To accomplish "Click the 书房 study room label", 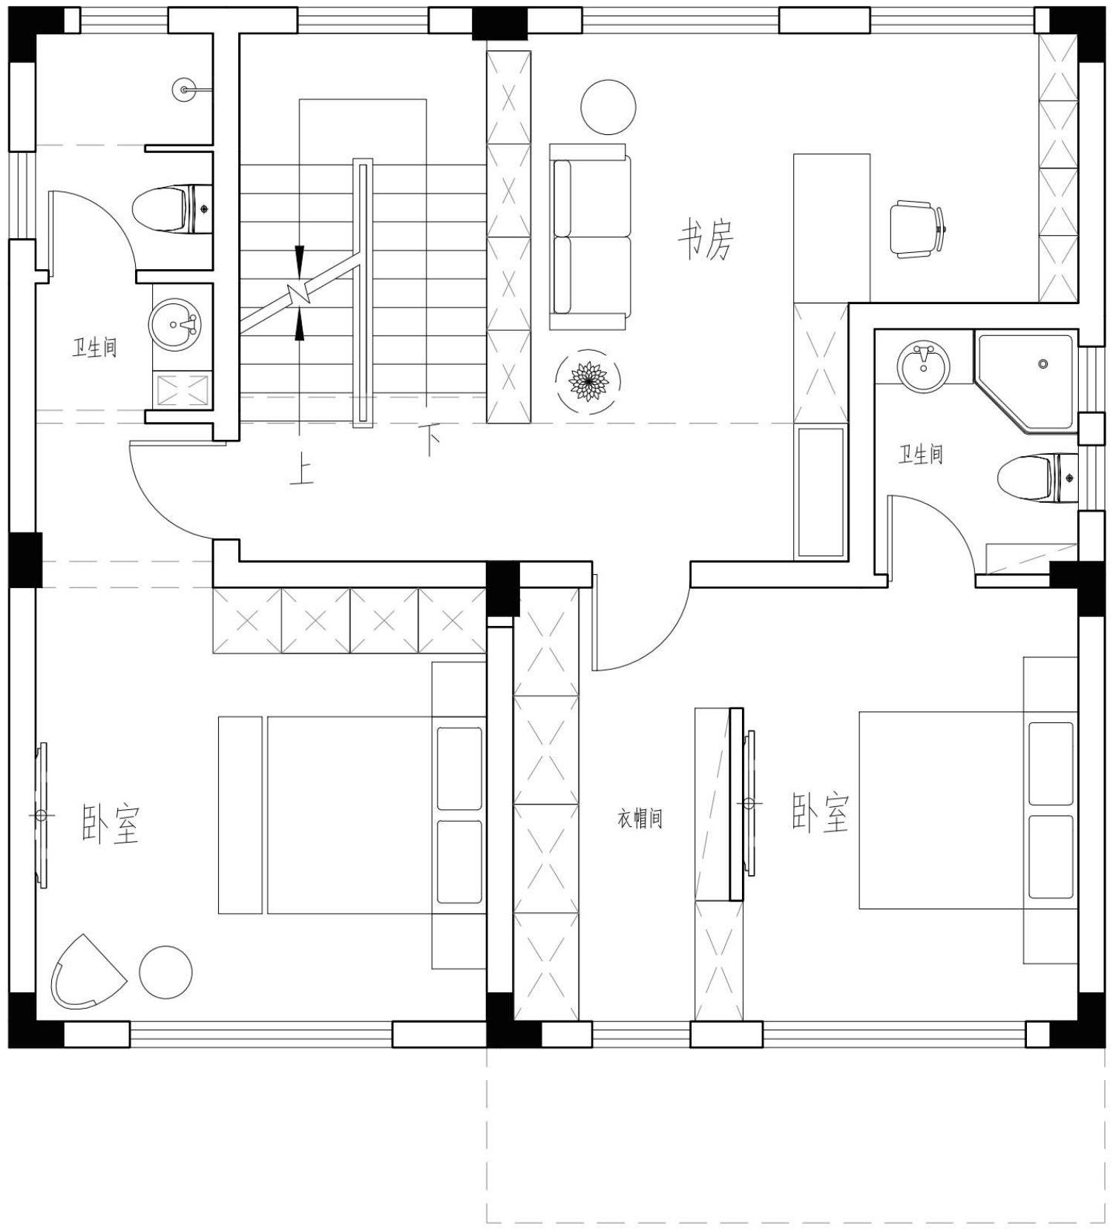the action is [705, 239].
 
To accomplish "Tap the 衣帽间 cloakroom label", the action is [640, 818].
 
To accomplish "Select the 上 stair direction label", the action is [302, 470].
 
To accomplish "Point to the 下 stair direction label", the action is [429, 440].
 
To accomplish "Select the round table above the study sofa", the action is [608, 108].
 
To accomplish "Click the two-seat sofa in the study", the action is [590, 237].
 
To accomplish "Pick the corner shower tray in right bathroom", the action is [1025, 383].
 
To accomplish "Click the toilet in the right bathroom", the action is [1037, 478].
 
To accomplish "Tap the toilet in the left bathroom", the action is [173, 208].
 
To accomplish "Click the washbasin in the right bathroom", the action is [923, 367].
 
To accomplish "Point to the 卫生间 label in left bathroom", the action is [94, 347].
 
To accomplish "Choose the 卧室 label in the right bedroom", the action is [820, 813].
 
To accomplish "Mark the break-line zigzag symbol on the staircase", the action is [301, 294].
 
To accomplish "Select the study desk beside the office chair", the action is [831, 228].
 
